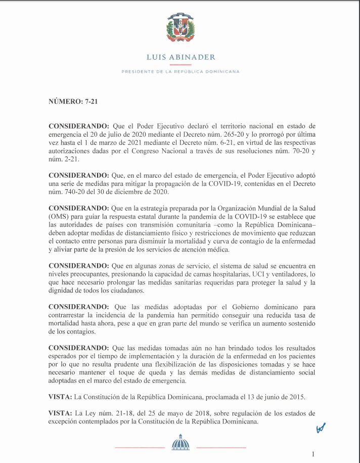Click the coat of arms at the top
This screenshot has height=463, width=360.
[180, 28]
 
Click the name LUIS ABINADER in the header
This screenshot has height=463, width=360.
[180, 57]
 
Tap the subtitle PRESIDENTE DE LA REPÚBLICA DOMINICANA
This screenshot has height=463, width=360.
[180, 72]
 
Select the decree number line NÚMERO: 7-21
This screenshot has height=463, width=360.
[73, 101]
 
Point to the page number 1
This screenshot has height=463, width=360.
[313, 454]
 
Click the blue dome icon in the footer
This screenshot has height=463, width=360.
[180, 443]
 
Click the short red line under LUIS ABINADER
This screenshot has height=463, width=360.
[180, 65]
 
